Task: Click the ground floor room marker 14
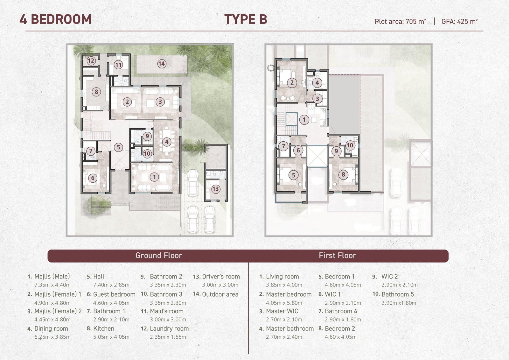coord(162,64)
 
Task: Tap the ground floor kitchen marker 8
coord(96,92)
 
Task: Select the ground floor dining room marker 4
coord(167,142)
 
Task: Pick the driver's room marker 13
coord(215,189)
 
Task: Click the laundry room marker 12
coord(91,60)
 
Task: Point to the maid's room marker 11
coord(118,65)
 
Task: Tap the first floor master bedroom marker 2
coord(292,83)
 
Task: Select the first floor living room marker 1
coord(304,119)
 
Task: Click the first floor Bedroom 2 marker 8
coord(343,174)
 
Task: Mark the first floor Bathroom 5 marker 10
coord(350,145)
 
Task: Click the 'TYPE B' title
coord(246,19)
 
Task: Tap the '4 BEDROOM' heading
coord(56,19)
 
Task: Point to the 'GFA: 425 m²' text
coord(459,21)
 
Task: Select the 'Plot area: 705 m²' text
coord(400,21)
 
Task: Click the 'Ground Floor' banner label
coord(159,255)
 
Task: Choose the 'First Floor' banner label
coord(338,255)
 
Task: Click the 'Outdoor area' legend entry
coord(220,294)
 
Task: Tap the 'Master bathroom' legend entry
coord(290,328)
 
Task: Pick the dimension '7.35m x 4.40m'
coord(52,285)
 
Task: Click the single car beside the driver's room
coord(193,183)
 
